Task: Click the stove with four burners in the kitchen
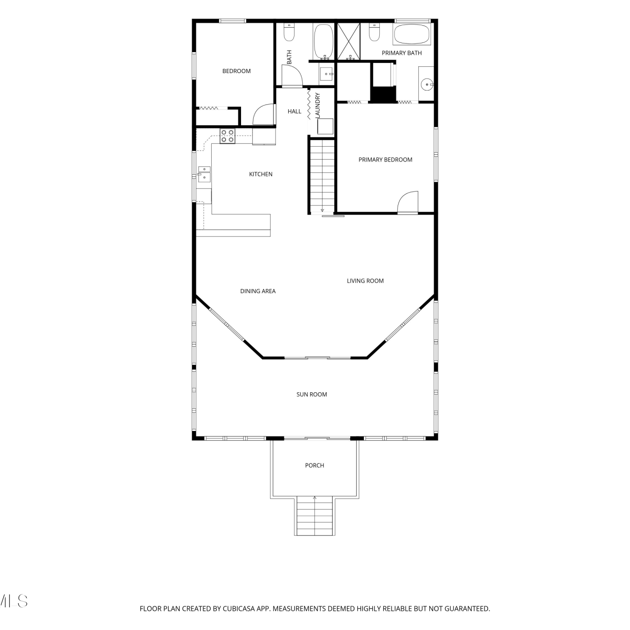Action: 228,136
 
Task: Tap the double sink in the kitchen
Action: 204,174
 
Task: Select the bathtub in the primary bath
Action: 412,34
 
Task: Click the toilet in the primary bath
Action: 374,32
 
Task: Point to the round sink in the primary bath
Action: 427,84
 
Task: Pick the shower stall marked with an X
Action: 349,41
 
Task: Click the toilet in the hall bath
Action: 289,32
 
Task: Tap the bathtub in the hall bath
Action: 323,41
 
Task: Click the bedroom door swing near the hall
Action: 264,114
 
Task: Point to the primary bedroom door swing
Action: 408,202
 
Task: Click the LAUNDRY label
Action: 318,105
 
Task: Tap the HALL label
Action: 294,111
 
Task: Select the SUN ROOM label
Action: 312,394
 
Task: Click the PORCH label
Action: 315,465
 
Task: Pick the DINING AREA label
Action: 258,291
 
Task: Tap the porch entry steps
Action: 315,516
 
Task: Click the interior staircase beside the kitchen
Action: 322,177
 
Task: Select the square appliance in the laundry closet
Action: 325,126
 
